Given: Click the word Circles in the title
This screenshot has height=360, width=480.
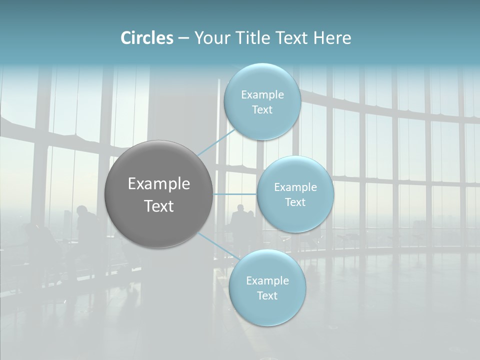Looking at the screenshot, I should (146, 38).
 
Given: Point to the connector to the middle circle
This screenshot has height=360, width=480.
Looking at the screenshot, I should (235, 194).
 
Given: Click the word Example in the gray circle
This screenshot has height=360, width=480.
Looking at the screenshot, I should (158, 184).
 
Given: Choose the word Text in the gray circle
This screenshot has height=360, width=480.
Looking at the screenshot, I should (158, 206).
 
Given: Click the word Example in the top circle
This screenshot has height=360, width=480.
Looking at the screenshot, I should (262, 95).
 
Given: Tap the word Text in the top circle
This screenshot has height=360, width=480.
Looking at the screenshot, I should (262, 110).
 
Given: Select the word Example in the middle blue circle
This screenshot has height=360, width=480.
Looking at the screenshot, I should (295, 187).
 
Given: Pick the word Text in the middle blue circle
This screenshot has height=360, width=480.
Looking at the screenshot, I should (295, 202).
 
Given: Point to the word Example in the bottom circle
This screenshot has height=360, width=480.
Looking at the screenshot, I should (267, 281).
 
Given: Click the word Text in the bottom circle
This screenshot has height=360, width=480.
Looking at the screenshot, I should (267, 296).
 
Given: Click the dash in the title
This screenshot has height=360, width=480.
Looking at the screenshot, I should (183, 38).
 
